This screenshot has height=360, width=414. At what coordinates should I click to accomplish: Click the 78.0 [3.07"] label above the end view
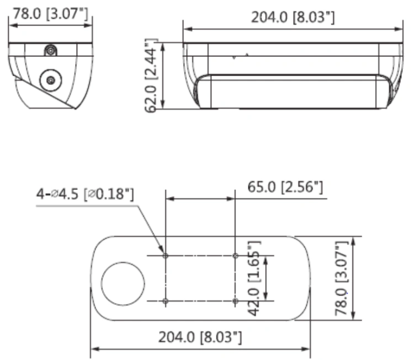click(50, 13)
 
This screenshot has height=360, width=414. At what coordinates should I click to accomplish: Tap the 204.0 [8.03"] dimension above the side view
click(293, 18)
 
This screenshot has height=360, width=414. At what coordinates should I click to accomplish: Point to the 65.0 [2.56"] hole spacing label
click(285, 187)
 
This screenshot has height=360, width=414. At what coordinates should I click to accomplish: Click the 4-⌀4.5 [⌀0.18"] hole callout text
click(85, 194)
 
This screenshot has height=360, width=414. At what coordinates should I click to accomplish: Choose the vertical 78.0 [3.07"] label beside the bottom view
click(341, 278)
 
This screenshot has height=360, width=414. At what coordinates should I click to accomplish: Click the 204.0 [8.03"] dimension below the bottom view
click(200, 337)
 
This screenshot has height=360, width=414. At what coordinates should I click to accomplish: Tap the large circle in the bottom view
click(123, 283)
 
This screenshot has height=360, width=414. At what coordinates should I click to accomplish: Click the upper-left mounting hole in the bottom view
click(166, 256)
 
